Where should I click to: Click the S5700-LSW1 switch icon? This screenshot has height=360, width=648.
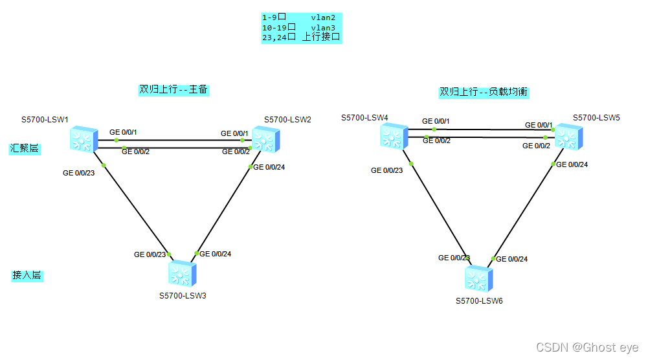[x=82, y=139]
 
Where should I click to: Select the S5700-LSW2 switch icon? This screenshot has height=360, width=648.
[x=265, y=138]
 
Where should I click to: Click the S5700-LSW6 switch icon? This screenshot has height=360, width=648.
[x=478, y=278]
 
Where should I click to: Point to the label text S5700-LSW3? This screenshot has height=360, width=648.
[x=183, y=295]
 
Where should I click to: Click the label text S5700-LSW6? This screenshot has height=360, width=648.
[x=479, y=300]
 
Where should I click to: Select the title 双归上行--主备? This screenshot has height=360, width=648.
[x=173, y=89]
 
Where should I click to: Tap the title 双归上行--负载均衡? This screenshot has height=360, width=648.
[x=484, y=92]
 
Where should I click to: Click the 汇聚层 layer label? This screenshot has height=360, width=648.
[x=24, y=148]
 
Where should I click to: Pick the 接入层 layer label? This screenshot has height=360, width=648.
[x=27, y=275]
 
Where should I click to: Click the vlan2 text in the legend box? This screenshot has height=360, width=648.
[x=323, y=17]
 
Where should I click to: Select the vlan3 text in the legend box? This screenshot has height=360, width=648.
[x=323, y=27]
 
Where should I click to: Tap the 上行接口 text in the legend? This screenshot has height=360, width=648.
[x=320, y=37]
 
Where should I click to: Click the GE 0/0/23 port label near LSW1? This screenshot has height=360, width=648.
[x=78, y=173]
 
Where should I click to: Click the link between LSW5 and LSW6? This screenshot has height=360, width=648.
[x=524, y=210]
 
